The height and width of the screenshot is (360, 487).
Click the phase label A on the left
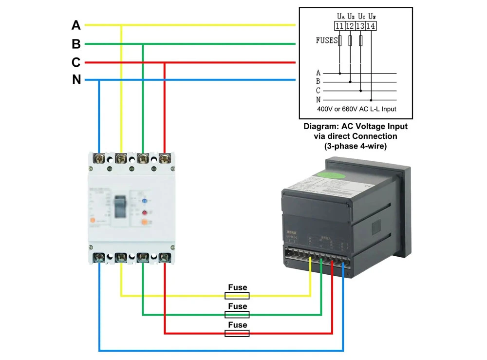click(76, 25)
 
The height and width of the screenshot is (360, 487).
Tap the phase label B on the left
click(76, 44)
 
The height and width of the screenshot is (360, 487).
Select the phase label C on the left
click(76, 63)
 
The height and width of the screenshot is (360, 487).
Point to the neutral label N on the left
click(76, 80)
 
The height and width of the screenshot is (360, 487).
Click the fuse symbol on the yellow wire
click(237, 296)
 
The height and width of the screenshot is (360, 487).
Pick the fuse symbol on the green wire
click(237, 315)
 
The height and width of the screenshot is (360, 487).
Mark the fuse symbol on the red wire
click(237, 333)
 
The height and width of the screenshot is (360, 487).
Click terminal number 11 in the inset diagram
click(340, 27)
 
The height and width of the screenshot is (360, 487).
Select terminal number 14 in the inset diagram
click(371, 27)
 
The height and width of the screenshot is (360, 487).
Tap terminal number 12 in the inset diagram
click(350, 27)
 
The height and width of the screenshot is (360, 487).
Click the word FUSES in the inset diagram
click(327, 40)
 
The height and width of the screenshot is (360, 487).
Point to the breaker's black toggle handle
click(120, 207)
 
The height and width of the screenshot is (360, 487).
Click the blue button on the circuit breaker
click(144, 200)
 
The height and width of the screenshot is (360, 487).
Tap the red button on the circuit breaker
click(144, 213)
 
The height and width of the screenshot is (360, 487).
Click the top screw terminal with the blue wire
click(100, 158)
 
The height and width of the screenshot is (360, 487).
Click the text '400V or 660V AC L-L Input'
click(356, 109)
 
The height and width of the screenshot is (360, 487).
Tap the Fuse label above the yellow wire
click(238, 287)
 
